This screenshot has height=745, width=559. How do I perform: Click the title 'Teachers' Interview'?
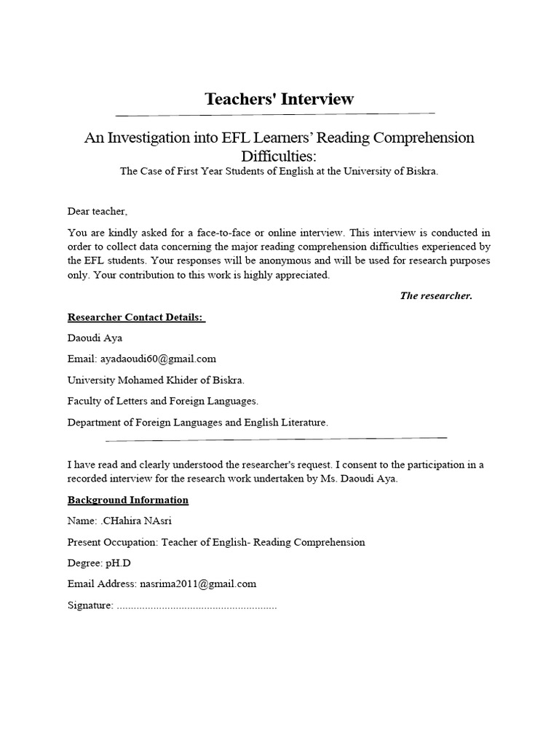tap(279, 99)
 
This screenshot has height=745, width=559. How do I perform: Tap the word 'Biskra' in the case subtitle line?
tap(418, 171)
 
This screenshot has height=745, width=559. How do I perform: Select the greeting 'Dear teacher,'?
tap(97, 211)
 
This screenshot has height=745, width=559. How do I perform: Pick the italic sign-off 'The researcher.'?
tap(436, 295)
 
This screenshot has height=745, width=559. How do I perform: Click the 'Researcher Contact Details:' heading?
tap(136, 317)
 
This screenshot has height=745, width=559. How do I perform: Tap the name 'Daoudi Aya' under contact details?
tap(95, 338)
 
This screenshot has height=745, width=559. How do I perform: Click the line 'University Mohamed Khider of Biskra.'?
tap(156, 380)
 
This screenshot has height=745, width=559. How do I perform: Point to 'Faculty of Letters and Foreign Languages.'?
tap(162, 401)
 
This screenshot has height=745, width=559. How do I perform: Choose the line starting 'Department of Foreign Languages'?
tap(197, 422)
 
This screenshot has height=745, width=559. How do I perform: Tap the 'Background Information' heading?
tap(128, 500)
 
